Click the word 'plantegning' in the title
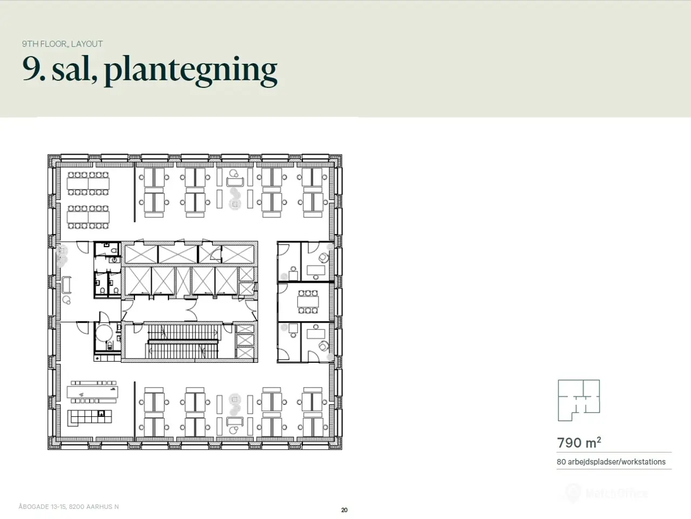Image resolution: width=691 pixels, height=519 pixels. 191,70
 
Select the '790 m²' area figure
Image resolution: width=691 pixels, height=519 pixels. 579,442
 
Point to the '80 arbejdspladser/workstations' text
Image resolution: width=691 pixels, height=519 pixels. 611,462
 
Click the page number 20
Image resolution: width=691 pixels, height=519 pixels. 344,510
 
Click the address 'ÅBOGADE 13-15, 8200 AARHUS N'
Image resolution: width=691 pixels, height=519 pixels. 69,507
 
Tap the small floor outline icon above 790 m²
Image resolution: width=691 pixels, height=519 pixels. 579,400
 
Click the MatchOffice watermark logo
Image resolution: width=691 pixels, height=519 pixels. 607,493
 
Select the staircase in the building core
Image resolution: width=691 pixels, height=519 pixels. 183,342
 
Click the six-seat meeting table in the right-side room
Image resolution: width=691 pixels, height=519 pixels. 308,302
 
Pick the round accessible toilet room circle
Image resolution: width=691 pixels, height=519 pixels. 104,333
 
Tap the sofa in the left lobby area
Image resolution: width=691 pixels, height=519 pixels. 67,284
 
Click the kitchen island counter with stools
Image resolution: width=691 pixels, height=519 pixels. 92,392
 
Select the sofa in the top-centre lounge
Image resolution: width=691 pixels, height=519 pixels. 235,182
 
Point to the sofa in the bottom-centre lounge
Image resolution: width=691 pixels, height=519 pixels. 235,421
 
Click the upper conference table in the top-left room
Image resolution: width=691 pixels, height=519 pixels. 88,183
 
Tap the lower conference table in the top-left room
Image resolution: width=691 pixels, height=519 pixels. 88,217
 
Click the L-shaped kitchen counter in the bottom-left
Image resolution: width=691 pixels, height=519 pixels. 90,417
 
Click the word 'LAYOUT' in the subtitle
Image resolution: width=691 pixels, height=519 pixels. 87,44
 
